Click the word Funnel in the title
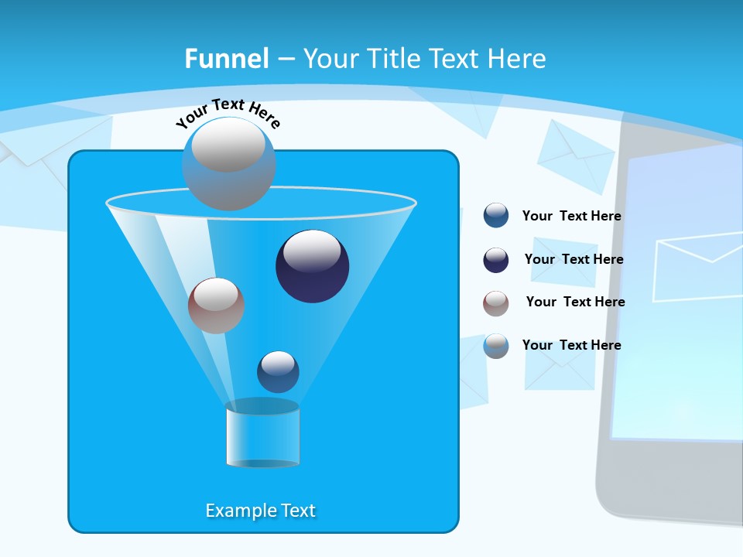pyautogui.click(x=226, y=59)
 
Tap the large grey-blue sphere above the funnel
pyautogui.click(x=228, y=164)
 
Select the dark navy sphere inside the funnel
pyautogui.click(x=313, y=266)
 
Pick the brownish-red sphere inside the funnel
pyautogui.click(x=216, y=306)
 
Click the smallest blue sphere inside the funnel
pyautogui.click(x=278, y=372)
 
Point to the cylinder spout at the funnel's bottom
pyautogui.click(x=262, y=434)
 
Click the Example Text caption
pyautogui.click(x=261, y=511)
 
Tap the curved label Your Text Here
pyautogui.click(x=228, y=113)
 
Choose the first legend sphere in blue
pyautogui.click(x=496, y=216)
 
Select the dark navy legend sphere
pyautogui.click(x=496, y=260)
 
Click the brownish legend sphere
pyautogui.click(x=496, y=303)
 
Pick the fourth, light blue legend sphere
pyautogui.click(x=496, y=346)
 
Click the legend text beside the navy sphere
pyautogui.click(x=574, y=259)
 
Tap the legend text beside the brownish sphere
pyautogui.click(x=575, y=302)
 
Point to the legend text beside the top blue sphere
pyautogui.click(x=571, y=216)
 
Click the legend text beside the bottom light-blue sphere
pyautogui.click(x=571, y=345)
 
